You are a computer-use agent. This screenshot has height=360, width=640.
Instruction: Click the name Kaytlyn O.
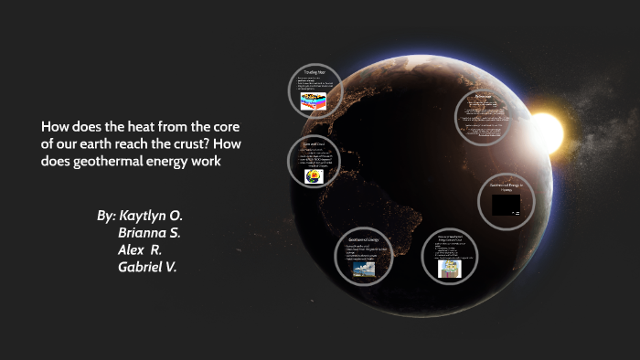(x=152, y=217)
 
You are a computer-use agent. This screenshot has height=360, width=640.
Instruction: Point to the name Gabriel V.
(x=147, y=267)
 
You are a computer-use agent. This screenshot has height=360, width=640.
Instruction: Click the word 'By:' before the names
(x=106, y=217)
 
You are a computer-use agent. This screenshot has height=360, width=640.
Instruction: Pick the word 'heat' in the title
(x=141, y=127)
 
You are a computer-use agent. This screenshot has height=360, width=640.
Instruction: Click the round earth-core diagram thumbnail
(x=313, y=176)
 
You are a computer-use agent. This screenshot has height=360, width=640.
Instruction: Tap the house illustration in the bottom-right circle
(x=450, y=268)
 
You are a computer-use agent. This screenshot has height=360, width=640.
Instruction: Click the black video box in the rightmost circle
(x=506, y=206)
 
